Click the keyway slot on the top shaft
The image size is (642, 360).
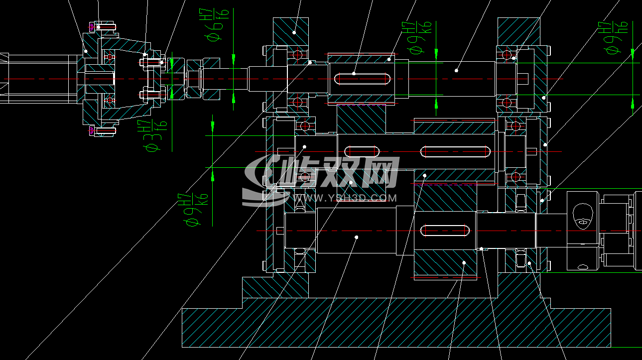(362, 79)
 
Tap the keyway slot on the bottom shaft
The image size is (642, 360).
(445, 230)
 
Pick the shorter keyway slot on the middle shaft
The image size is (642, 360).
(363, 151)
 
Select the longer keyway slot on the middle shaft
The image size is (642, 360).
(455, 151)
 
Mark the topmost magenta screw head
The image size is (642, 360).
(91, 26)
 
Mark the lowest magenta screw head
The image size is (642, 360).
(91, 131)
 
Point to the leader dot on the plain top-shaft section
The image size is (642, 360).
(456, 71)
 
